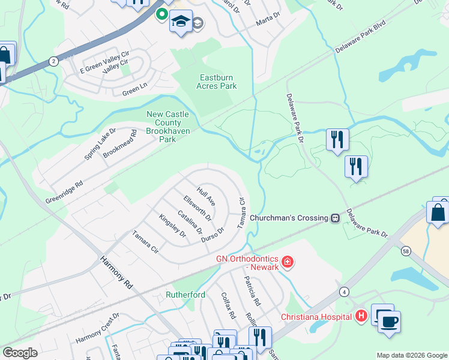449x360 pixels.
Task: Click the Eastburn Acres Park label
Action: pos(217,82)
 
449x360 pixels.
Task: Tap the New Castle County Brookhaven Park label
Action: pos(168,127)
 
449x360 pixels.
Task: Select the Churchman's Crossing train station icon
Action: pos(336,218)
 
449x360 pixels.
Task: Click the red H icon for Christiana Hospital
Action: pos(361,316)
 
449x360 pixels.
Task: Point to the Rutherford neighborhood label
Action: pos(186,295)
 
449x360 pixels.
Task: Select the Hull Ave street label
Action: pos(206,196)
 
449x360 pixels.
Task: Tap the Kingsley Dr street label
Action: pos(172,228)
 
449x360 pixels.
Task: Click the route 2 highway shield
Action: pos(53,61)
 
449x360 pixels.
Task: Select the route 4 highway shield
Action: pos(343,292)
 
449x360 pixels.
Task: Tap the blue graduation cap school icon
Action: pos(180,22)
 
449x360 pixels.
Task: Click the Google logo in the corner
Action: pos(20,353)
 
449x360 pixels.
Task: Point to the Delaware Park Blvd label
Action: pos(360,38)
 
